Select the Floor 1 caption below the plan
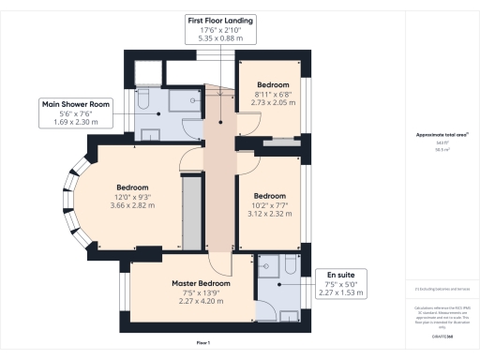[x=202, y=345]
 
